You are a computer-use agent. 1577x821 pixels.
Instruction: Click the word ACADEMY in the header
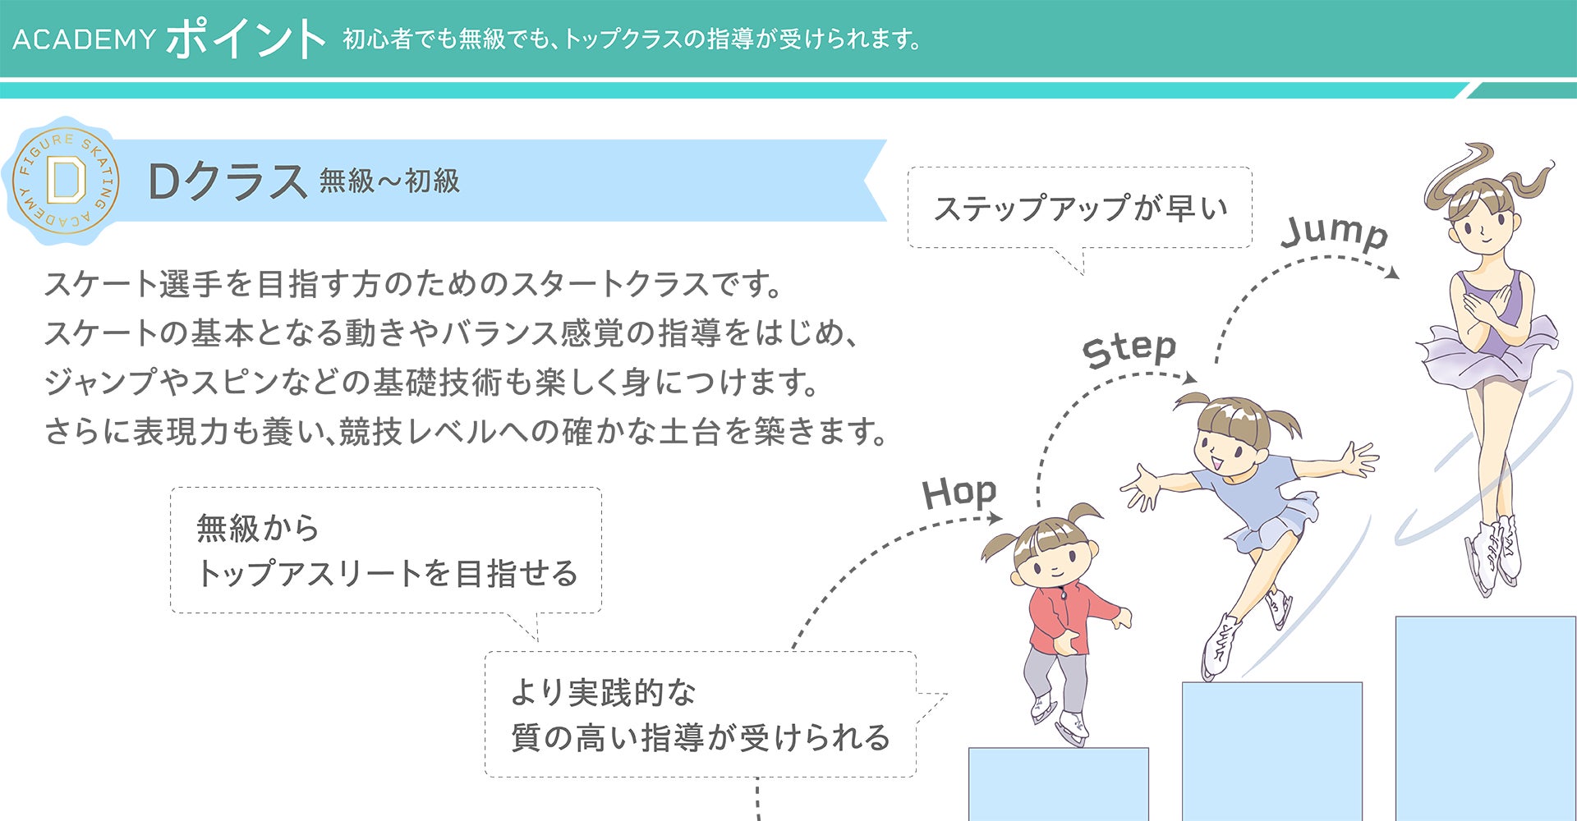84,39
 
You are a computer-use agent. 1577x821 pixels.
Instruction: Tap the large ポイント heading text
246,39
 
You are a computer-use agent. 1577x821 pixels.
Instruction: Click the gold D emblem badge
66,181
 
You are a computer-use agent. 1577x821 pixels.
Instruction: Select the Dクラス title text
227,181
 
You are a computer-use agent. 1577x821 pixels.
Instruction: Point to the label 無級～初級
389,181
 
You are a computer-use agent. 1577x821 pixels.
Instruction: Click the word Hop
959,493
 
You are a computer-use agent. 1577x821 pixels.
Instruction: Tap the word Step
1129,350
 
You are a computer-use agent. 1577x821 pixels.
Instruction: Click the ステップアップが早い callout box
1079,208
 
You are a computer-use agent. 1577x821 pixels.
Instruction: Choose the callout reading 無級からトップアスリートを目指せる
386,550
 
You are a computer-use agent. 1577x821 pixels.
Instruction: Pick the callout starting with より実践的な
700,714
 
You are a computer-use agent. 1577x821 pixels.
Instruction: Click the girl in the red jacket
1060,616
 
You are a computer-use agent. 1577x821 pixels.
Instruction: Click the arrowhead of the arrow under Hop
995,517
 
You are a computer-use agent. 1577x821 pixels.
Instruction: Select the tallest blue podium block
1485,718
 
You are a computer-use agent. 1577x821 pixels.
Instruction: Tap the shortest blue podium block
1058,784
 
